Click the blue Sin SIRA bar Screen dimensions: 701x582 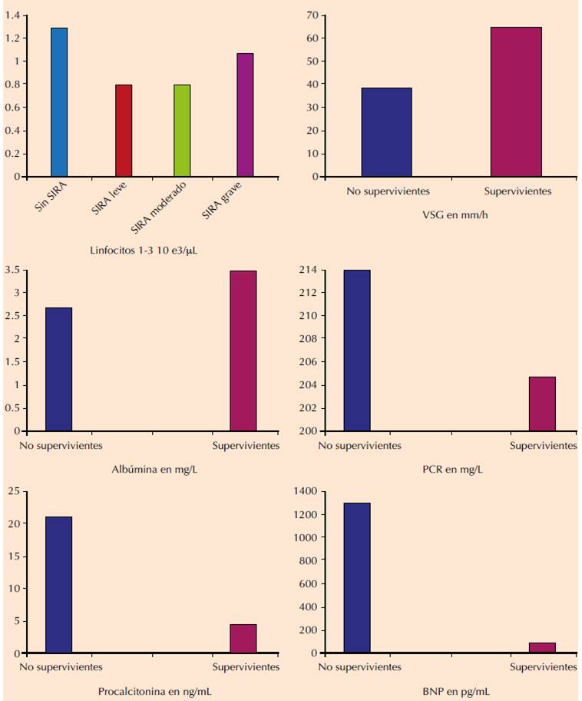click(59, 102)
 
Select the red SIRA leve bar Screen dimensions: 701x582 click(124, 131)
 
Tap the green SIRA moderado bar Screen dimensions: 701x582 click(182, 131)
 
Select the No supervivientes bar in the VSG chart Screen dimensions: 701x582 click(386, 132)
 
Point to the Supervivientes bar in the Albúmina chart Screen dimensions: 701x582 click(243, 350)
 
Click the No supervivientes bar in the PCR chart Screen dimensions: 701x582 click(357, 350)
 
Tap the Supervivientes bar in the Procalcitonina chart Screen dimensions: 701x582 click(243, 639)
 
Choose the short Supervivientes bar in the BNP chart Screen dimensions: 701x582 click(542, 648)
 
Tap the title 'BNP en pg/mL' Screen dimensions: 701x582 click(451, 692)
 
